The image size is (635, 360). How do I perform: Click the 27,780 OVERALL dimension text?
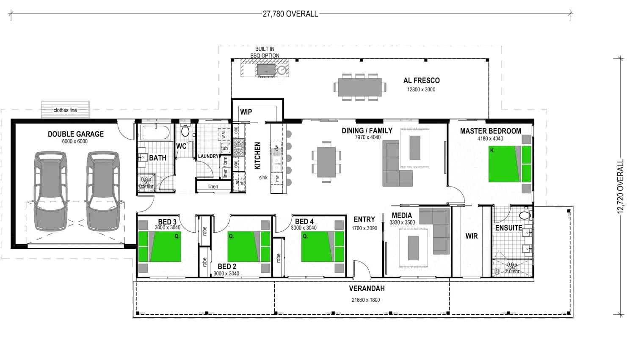click(290, 14)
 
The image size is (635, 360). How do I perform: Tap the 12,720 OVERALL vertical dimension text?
click(621, 186)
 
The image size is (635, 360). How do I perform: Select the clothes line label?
click(65, 110)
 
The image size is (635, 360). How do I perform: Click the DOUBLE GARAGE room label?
click(75, 134)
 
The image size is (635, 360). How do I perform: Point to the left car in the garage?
click(50, 191)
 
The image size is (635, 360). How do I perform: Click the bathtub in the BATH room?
click(156, 132)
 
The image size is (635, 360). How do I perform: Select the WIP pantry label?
click(246, 112)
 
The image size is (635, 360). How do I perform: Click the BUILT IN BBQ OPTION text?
click(265, 52)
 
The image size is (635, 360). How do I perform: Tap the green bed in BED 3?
click(160, 247)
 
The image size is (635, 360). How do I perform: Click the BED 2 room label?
click(227, 267)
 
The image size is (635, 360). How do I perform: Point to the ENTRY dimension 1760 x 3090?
click(364, 228)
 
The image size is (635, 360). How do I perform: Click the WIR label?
click(472, 236)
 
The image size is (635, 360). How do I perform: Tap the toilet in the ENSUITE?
click(525, 216)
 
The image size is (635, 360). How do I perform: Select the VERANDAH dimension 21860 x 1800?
click(366, 300)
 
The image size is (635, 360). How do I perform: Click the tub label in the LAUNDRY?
click(225, 148)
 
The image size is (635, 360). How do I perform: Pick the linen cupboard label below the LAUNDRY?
click(213, 187)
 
